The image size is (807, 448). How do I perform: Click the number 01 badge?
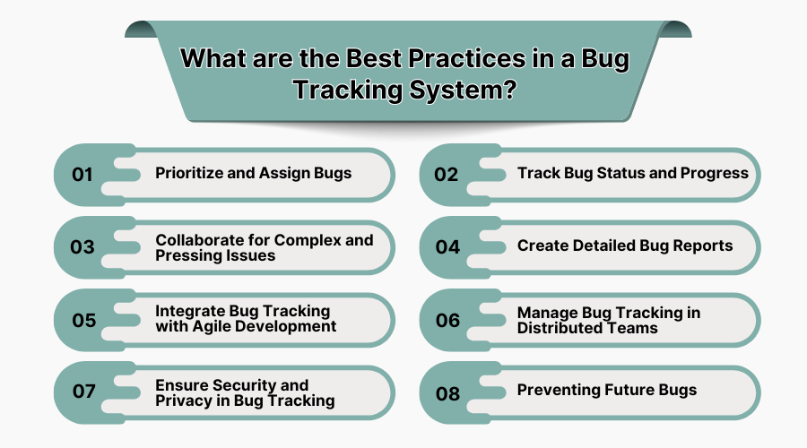[x=82, y=175]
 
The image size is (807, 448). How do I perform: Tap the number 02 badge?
[x=447, y=175]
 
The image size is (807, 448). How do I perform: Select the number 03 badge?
[x=82, y=247]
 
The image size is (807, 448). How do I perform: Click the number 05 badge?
[x=83, y=320]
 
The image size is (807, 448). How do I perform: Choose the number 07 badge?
[x=83, y=392]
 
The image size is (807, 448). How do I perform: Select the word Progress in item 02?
[x=715, y=173]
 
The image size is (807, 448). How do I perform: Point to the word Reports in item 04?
[x=702, y=246]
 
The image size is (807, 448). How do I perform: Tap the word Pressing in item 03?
[x=187, y=255]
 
